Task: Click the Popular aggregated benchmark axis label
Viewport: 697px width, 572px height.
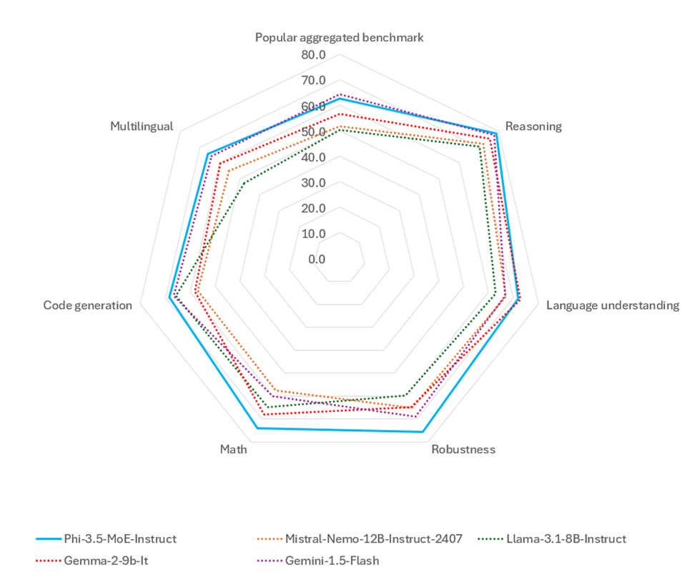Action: click(x=340, y=37)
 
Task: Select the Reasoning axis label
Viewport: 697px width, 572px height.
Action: click(x=533, y=127)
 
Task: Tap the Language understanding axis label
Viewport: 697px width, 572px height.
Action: click(x=613, y=305)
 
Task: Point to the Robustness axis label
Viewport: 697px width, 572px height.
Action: click(x=463, y=450)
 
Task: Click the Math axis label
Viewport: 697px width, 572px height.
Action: click(x=234, y=450)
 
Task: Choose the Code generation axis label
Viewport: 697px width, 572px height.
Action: click(x=88, y=305)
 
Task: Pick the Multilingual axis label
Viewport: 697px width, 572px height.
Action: click(x=142, y=126)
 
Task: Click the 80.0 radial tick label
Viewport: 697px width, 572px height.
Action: click(x=313, y=55)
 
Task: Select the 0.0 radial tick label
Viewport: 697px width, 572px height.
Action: click(x=317, y=259)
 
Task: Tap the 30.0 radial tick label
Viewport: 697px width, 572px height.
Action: click(x=313, y=182)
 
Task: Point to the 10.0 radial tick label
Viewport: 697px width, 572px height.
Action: click(x=313, y=234)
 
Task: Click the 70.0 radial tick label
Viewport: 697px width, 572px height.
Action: click(x=313, y=80)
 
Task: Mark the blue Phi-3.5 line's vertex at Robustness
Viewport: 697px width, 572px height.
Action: click(x=422, y=432)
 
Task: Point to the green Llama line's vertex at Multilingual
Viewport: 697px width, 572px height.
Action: click(x=244, y=183)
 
